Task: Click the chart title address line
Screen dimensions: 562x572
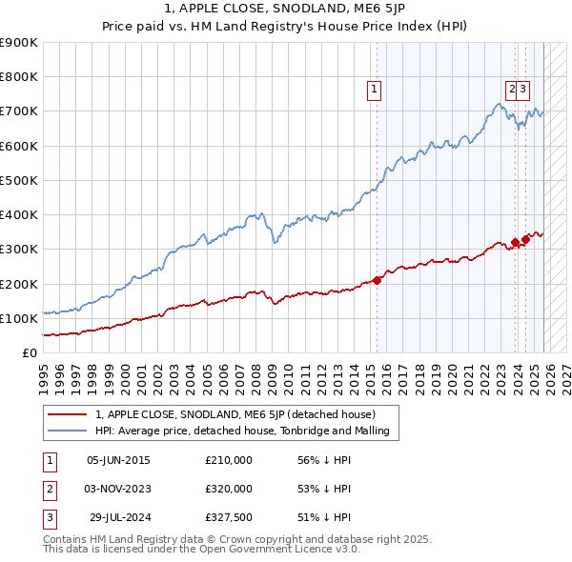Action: click(285, 11)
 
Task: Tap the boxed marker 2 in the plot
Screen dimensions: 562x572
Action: click(512, 90)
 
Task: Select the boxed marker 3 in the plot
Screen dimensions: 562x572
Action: click(524, 90)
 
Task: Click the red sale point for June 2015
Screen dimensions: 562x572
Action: click(377, 280)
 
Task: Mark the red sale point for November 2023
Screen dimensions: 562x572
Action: click(515, 242)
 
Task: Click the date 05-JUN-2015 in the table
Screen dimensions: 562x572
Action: click(118, 460)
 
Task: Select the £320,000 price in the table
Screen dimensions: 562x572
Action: click(229, 489)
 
